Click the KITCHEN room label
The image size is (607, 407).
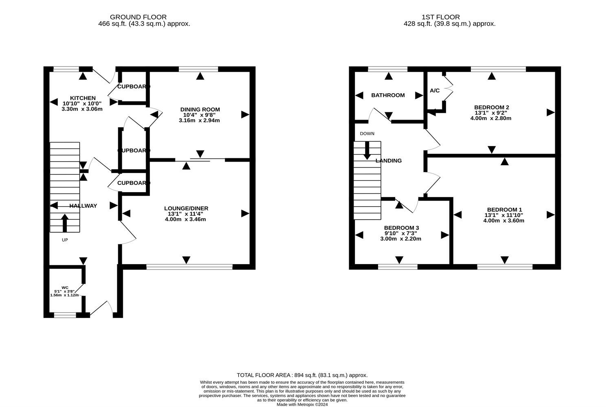(83, 98)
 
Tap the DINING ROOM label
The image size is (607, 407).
(200, 109)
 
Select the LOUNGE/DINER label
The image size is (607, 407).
(186, 208)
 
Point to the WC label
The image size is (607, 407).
(65, 288)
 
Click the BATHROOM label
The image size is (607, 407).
(388, 95)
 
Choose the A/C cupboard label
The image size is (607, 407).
(435, 90)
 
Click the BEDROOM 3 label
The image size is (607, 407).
(401, 228)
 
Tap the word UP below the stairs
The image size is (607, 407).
(65, 240)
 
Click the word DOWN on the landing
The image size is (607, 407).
(367, 133)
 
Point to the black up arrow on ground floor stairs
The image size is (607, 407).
(65, 223)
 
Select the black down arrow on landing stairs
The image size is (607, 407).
(367, 151)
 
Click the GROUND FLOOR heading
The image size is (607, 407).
(138, 17)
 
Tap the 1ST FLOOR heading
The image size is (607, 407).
(441, 17)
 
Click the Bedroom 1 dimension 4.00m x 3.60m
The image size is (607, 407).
(504, 221)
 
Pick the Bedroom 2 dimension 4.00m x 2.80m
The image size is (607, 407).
(491, 118)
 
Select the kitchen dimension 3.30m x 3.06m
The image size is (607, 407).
(82, 109)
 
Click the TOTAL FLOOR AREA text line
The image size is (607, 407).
(302, 375)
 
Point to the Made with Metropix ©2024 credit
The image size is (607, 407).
(302, 405)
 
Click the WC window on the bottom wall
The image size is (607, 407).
(65, 315)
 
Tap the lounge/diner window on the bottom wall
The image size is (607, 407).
(189, 267)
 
